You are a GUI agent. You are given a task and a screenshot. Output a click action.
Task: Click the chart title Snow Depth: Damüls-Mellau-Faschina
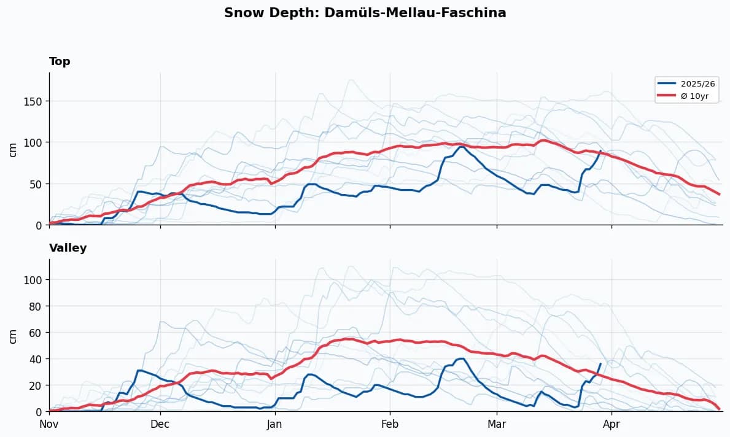[365, 13]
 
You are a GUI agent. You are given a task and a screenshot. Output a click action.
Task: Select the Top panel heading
[60, 61]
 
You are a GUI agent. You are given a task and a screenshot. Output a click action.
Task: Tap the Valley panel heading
[68, 248]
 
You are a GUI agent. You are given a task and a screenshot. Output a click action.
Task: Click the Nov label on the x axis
[49, 423]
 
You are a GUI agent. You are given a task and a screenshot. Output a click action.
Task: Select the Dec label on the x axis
[160, 423]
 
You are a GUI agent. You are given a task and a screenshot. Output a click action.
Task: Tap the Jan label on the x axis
[275, 423]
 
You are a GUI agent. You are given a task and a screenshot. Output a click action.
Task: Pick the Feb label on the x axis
[390, 423]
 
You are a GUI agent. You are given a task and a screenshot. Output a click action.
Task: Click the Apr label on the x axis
[612, 423]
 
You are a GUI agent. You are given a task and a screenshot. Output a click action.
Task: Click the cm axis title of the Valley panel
[12, 336]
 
